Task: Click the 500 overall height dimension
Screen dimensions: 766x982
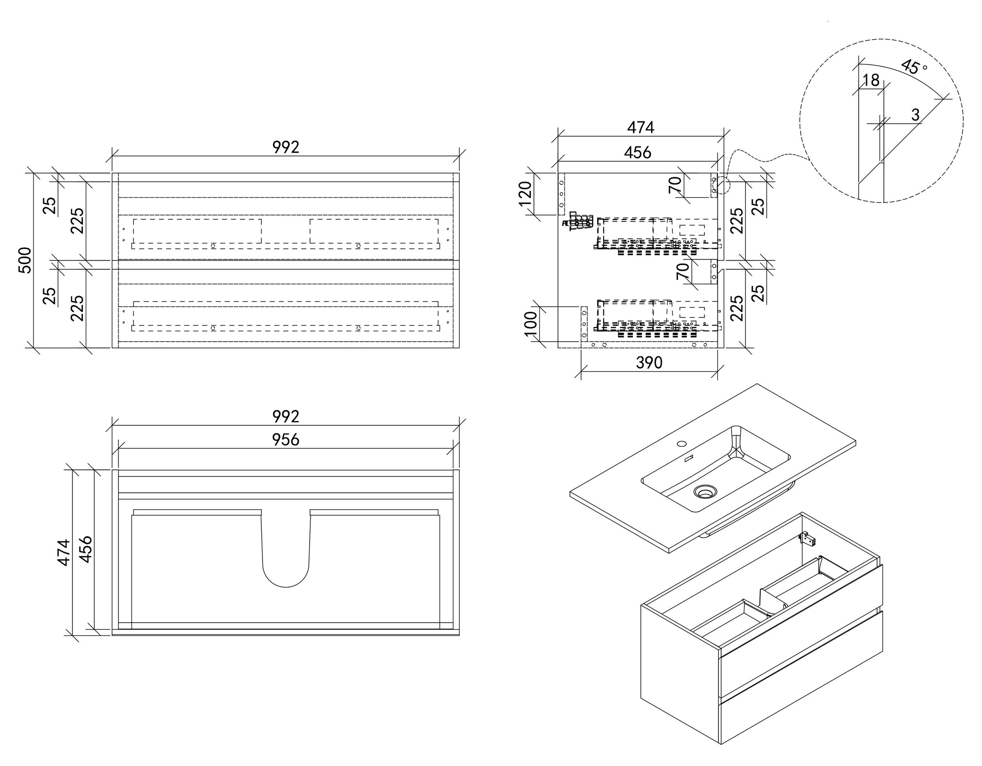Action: pyautogui.click(x=25, y=260)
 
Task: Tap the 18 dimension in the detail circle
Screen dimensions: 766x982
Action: pyautogui.click(x=871, y=80)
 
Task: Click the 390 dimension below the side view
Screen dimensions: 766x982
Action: pyautogui.click(x=649, y=362)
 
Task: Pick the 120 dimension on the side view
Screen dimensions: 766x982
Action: pyautogui.click(x=526, y=193)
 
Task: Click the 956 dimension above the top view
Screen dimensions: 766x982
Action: pyautogui.click(x=286, y=440)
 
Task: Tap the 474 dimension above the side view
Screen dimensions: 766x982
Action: pyautogui.click(x=640, y=128)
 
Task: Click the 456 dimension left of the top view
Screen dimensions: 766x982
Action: pyautogui.click(x=85, y=549)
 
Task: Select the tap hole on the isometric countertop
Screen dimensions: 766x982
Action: pyautogui.click(x=682, y=444)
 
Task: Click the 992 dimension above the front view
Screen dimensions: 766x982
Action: pyautogui.click(x=286, y=147)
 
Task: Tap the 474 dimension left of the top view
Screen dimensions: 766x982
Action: pyautogui.click(x=64, y=552)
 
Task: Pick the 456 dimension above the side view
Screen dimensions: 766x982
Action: pyautogui.click(x=638, y=153)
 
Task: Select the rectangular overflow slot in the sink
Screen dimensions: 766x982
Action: pyautogui.click(x=688, y=459)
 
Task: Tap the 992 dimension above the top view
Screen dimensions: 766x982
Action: pyautogui.click(x=286, y=417)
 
